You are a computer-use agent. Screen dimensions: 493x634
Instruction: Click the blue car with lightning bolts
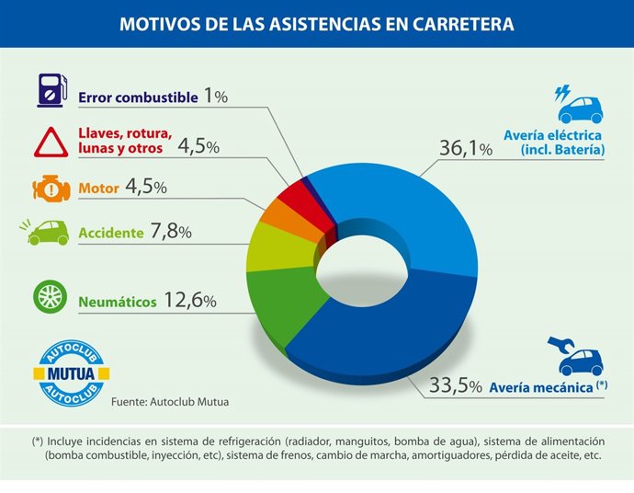579,105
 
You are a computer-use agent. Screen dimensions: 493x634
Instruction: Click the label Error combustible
138,97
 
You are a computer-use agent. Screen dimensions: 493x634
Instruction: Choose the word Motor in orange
98,189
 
